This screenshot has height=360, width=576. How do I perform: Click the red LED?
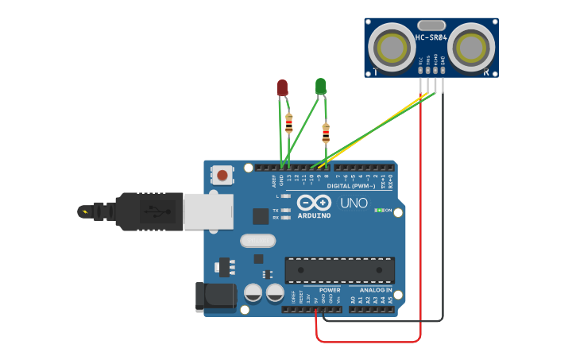click(282, 87)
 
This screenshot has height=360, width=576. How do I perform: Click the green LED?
click(320, 85)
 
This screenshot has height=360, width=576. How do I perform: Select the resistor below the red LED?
click(288, 122)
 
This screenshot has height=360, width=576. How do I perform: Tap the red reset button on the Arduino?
click(222, 175)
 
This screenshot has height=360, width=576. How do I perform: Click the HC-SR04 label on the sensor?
click(431, 37)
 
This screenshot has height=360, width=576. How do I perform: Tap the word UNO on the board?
click(354, 203)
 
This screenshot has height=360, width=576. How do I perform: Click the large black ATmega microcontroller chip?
click(339, 270)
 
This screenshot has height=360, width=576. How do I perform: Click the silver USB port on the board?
click(208, 211)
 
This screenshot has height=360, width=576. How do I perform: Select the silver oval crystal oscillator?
click(257, 240)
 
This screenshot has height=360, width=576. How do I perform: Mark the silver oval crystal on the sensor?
click(431, 25)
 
